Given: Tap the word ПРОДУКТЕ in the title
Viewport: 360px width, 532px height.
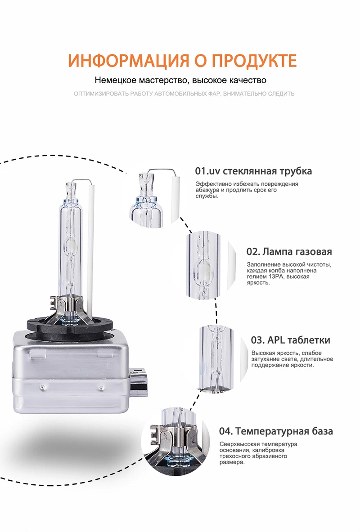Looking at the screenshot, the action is [254, 60].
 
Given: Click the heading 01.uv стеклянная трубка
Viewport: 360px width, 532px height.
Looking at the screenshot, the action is [253, 170].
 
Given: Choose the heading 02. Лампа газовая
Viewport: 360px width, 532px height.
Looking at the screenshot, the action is [289, 251].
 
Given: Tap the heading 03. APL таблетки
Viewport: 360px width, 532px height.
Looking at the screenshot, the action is [290, 340].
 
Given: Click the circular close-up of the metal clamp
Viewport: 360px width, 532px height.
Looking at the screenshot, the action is [175, 441].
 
